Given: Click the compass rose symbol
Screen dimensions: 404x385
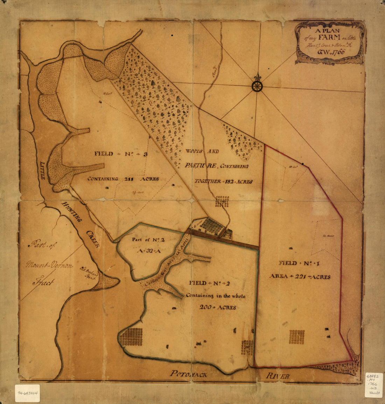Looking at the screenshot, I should click(257, 86).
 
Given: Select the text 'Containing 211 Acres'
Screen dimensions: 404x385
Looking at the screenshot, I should click(123, 179).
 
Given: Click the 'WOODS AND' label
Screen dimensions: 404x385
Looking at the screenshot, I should click(202, 152).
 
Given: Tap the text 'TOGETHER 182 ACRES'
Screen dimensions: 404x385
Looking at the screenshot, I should click(223, 182).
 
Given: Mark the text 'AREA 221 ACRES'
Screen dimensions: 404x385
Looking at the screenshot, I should click(300, 276).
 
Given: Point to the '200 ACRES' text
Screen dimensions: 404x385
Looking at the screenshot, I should click(217, 307).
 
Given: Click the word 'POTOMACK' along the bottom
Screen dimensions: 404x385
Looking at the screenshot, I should click(189, 374).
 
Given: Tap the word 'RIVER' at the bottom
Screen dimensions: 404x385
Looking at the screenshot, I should click(277, 376).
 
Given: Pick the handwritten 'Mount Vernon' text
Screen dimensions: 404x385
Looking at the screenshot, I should click(49, 265).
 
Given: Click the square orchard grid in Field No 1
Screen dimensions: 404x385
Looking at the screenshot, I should click(297, 337).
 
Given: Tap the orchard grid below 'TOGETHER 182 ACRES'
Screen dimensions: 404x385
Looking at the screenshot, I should click(222, 201).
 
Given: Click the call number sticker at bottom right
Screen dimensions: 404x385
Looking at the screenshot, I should click(373, 385).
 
